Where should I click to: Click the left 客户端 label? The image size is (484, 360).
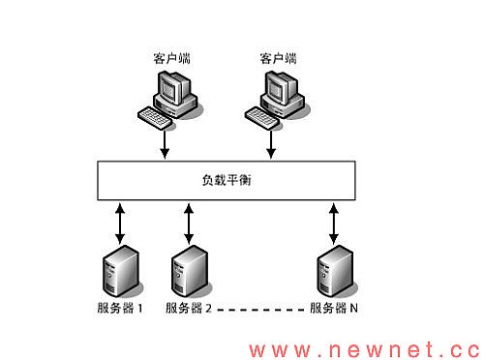pos(172,59)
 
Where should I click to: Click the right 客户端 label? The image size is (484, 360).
pos(278,59)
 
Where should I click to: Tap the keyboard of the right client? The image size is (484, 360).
pos(261,116)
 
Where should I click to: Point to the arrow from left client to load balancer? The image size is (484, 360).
pos(166,143)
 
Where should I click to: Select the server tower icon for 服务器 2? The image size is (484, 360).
pos(188,273)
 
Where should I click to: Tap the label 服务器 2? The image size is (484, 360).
pos(188,309)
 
